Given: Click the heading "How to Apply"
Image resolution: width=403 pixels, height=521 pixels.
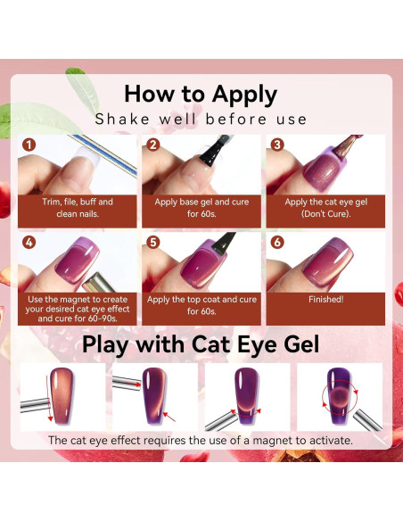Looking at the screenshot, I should pos(201,94).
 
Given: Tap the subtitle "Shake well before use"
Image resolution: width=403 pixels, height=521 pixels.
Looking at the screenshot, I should pos(201,119).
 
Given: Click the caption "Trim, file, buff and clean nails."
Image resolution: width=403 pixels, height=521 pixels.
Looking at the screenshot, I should pos(78,207).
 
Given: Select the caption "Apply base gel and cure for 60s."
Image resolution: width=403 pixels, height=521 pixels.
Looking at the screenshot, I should pos(201,207).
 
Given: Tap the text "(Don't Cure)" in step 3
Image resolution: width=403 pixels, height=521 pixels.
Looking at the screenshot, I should pos(325,214).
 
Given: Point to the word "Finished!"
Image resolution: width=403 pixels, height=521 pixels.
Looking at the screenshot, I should pos(325,300).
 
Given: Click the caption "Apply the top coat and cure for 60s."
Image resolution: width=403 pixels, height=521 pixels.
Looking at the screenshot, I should pos(201,306).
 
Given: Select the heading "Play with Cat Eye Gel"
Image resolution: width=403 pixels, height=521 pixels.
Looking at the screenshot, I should pos(201,345).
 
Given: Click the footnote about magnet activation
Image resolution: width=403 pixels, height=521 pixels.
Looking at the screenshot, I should pos(201,440).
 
